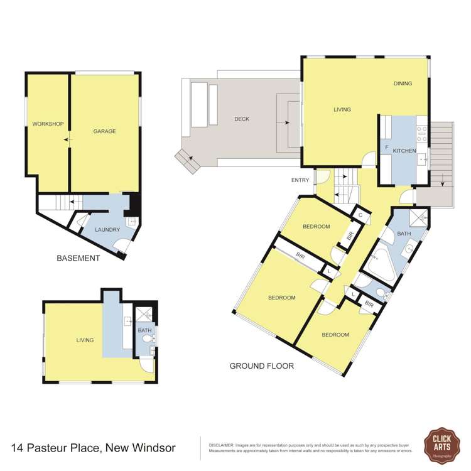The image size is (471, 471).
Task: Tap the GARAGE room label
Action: (x=105, y=131)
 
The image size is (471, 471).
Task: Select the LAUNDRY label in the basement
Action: (x=107, y=229)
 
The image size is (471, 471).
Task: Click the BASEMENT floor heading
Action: (x=78, y=258)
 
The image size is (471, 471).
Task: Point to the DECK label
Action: (x=242, y=119)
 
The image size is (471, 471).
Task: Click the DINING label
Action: (x=403, y=84)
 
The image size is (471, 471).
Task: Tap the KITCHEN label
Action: (x=405, y=151)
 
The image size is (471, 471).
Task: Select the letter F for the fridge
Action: (x=387, y=147)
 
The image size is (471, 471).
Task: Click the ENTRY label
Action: (x=300, y=181)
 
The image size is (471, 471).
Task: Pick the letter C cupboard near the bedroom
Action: (x=360, y=215)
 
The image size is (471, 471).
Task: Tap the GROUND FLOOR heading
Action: (x=261, y=365)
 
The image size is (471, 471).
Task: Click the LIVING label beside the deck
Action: (x=342, y=109)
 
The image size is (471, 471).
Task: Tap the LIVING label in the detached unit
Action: (x=85, y=340)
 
